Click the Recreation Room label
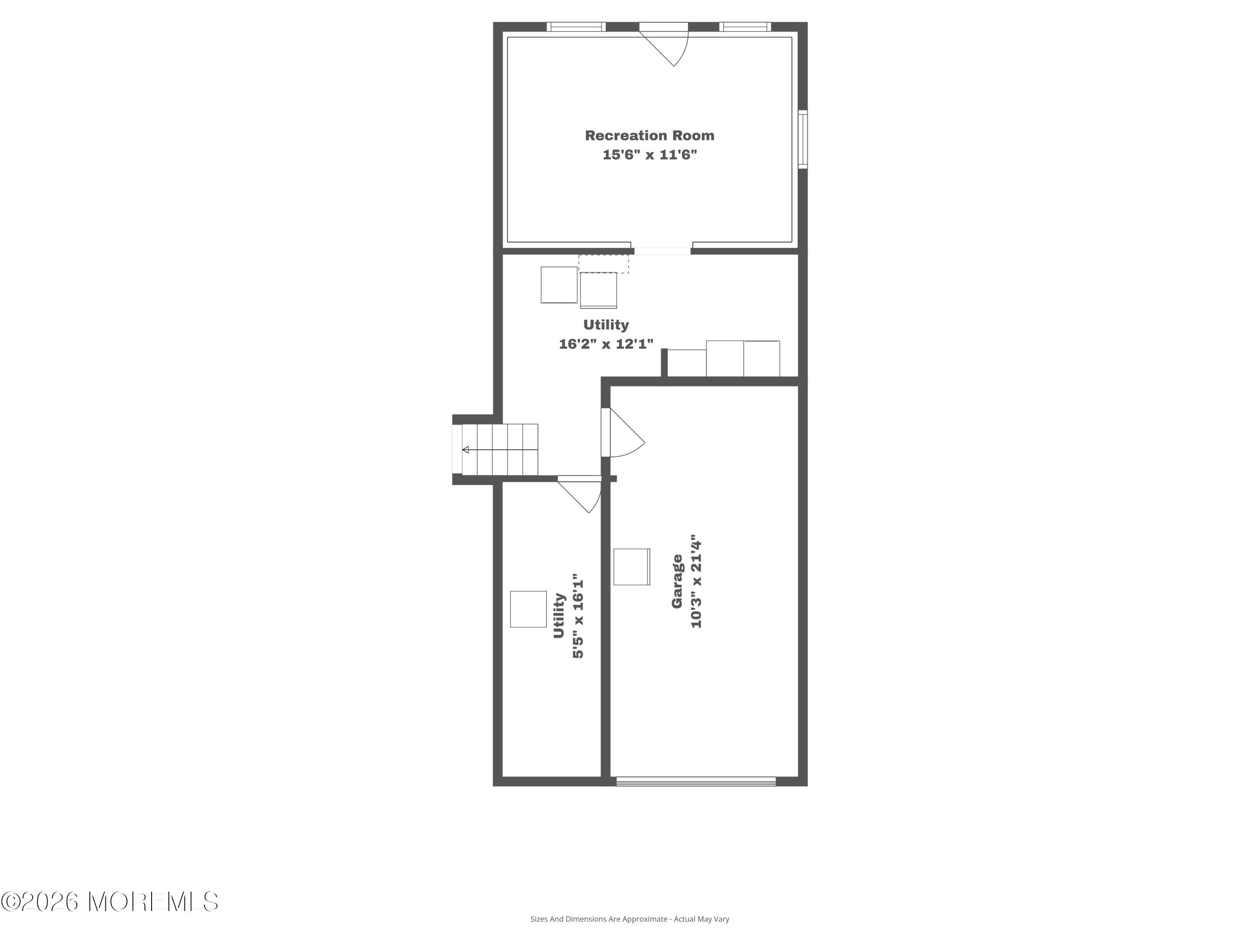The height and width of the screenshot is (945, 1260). (x=649, y=136)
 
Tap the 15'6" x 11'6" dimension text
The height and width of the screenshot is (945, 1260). (x=650, y=155)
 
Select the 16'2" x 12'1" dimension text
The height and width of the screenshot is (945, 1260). (x=606, y=344)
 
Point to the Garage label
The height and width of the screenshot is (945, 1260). (x=677, y=581)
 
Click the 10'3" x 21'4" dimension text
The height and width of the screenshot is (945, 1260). (x=696, y=581)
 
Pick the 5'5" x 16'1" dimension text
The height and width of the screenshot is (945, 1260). (x=578, y=616)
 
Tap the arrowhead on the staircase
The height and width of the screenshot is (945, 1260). (x=465, y=450)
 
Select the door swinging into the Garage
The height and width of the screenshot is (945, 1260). (x=624, y=433)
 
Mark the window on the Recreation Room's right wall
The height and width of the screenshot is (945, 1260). (x=803, y=139)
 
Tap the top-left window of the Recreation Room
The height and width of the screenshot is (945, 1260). (x=576, y=27)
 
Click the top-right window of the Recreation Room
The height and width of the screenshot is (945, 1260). (x=745, y=27)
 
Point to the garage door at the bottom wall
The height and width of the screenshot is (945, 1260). (x=696, y=782)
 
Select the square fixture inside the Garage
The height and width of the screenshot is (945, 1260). (x=632, y=567)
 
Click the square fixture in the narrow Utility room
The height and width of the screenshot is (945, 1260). (x=528, y=609)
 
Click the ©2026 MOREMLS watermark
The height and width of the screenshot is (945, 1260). (x=109, y=902)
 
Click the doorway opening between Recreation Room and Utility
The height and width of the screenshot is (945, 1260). (x=662, y=251)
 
